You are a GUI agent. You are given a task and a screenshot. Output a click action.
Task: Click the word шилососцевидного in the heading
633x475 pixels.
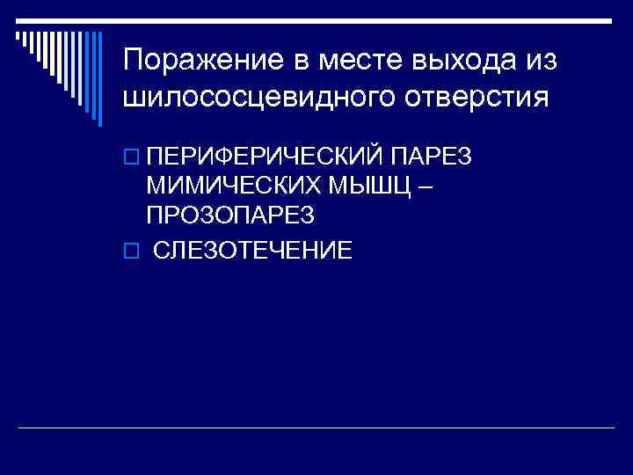(255, 97)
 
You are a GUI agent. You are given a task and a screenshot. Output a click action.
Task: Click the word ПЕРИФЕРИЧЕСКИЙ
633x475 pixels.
(265, 157)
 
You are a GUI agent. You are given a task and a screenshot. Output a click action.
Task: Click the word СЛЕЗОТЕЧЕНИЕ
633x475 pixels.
(253, 251)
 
